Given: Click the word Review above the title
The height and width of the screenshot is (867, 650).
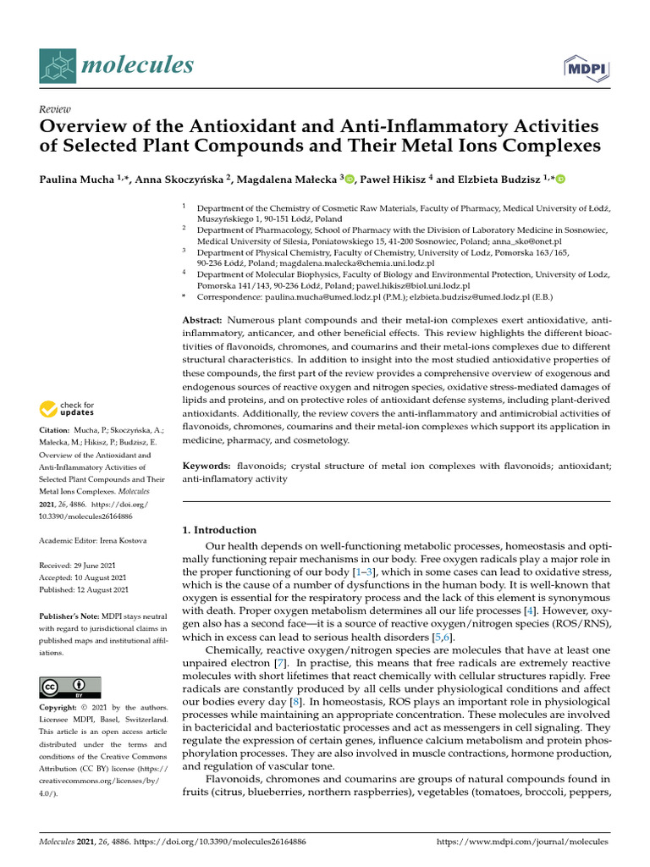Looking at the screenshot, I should point(55,109).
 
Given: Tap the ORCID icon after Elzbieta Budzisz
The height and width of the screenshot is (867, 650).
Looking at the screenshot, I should point(559,179).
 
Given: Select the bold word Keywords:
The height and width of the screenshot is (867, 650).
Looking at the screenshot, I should point(207,467).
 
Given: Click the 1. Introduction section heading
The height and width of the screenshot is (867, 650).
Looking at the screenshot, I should point(219,530).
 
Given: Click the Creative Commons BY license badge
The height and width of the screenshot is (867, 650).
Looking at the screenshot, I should point(69,687).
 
